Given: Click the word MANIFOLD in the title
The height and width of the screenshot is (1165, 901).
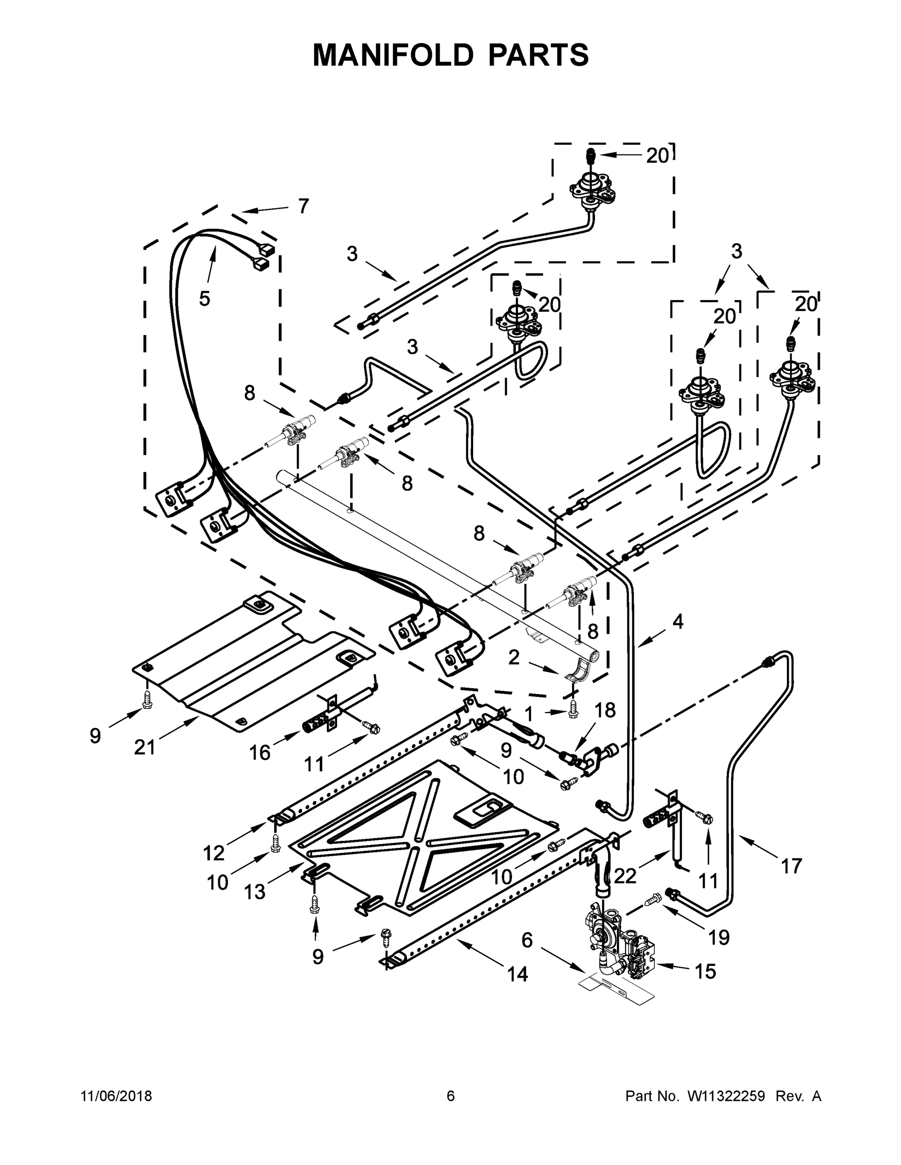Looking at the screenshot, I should click(393, 55).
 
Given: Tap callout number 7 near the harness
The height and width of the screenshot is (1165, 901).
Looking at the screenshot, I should click(303, 206).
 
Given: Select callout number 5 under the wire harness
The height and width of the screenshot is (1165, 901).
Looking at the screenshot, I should click(205, 299).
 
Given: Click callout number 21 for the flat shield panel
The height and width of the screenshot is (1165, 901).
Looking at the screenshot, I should click(144, 748).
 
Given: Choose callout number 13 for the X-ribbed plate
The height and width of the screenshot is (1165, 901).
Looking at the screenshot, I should click(255, 891).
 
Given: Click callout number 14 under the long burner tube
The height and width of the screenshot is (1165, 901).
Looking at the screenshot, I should click(517, 974).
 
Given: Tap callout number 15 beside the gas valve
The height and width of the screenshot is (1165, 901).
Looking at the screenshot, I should click(705, 971).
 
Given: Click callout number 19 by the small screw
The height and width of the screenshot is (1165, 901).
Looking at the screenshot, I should click(719, 937).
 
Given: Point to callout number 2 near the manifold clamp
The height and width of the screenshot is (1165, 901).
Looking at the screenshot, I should click(513, 658).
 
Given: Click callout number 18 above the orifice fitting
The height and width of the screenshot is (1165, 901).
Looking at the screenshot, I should click(605, 710).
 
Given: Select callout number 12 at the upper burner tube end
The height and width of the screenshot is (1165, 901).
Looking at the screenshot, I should click(214, 853).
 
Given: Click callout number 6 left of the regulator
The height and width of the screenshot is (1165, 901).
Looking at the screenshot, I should click(527, 940).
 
